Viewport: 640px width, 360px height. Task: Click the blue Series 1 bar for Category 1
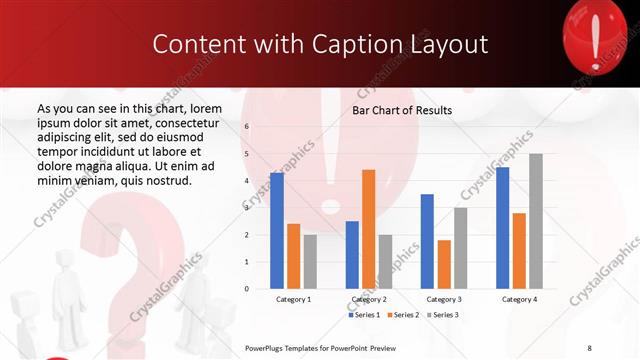pyautogui.click(x=277, y=231)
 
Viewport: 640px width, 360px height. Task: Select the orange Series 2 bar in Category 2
pyautogui.click(x=368, y=229)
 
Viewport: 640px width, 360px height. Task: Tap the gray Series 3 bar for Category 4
pyautogui.click(x=535, y=221)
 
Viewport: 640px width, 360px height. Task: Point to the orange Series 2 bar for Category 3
pyautogui.click(x=443, y=264)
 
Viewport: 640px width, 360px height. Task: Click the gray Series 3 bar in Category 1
pyautogui.click(x=310, y=262)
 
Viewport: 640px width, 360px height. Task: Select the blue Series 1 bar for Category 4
pyautogui.click(x=502, y=228)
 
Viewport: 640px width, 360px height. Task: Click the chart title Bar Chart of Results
pyautogui.click(x=402, y=110)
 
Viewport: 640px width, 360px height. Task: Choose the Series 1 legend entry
pyautogui.click(x=364, y=315)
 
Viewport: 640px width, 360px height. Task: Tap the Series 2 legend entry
pyautogui.click(x=403, y=315)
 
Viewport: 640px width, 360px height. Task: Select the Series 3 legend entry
pyautogui.click(x=442, y=315)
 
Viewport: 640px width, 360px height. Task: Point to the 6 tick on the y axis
pyautogui.click(x=247, y=127)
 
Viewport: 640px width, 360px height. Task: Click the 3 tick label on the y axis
pyautogui.click(x=247, y=208)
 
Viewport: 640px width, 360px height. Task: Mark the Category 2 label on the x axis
pyautogui.click(x=368, y=299)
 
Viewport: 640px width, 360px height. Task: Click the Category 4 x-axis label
pyautogui.click(x=518, y=299)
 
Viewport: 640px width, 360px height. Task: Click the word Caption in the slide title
pyautogui.click(x=365, y=44)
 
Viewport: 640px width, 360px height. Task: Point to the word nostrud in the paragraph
pyautogui.click(x=165, y=180)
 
